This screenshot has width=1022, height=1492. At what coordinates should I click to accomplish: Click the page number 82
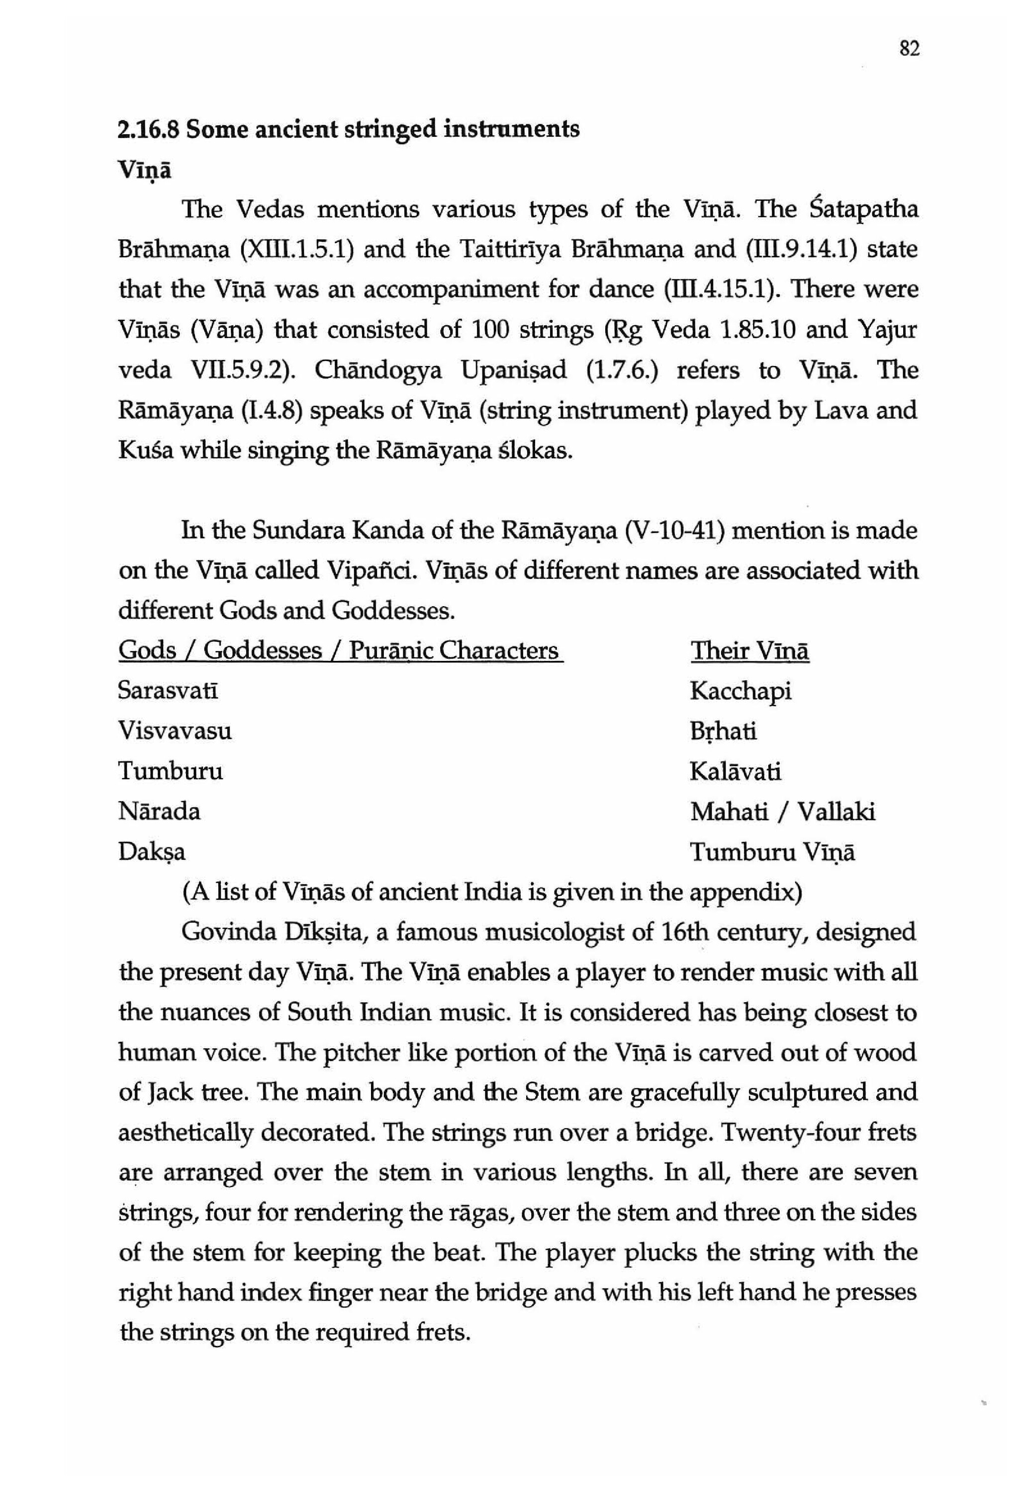click(x=910, y=49)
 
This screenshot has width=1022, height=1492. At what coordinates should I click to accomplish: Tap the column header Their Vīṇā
click(x=749, y=651)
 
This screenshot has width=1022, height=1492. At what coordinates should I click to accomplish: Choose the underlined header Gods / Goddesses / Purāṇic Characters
click(x=340, y=651)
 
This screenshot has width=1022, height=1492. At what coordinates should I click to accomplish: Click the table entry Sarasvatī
click(x=168, y=691)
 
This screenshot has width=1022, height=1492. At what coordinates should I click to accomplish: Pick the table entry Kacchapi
click(x=740, y=691)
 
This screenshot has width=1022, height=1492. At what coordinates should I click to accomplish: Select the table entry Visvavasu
click(x=175, y=731)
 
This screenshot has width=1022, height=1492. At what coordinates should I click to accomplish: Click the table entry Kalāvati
click(x=736, y=772)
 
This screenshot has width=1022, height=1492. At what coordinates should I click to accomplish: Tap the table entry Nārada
click(x=159, y=812)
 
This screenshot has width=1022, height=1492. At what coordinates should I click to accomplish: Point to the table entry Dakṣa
click(x=152, y=852)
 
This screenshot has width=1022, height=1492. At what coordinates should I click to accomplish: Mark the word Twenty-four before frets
click(x=792, y=1132)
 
